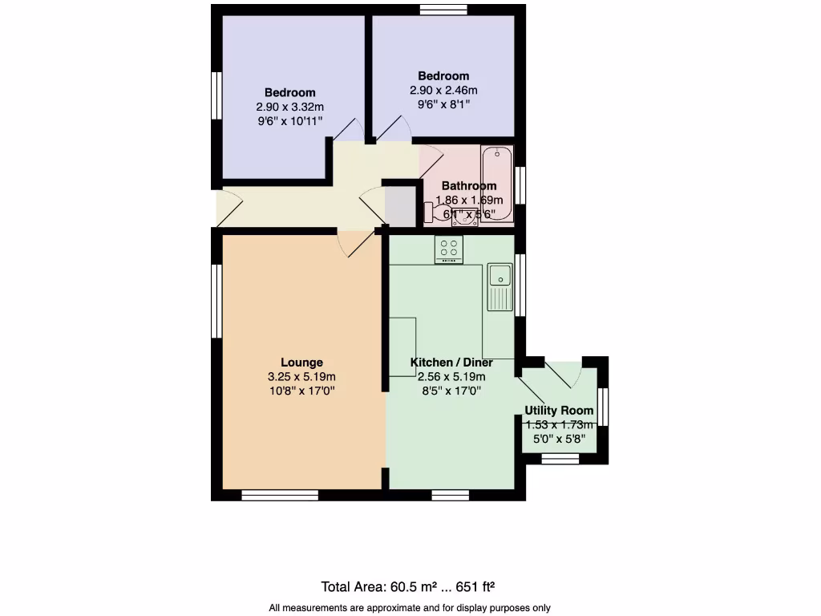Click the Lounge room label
[301, 363]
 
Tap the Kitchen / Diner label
[451, 363]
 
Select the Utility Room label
[559, 411]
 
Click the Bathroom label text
[469, 186]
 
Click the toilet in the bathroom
[435, 212]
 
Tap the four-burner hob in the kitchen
[451, 249]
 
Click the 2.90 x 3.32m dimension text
[289, 107]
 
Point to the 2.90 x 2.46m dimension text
[443, 91]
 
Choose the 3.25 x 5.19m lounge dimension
[301, 377]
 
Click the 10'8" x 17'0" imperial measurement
[301, 391]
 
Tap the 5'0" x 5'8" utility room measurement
[559, 439]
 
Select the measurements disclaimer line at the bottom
[410, 608]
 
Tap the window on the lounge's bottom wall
[280, 496]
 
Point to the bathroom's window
[520, 184]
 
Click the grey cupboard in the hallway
[401, 205]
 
